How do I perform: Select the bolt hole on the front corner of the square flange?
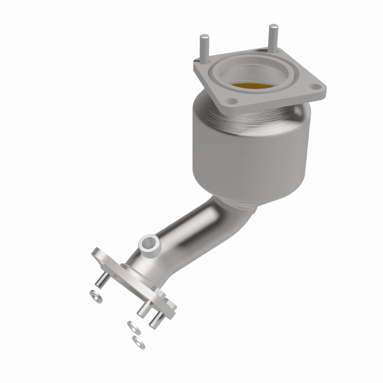[232, 101]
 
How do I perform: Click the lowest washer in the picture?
[138, 341]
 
